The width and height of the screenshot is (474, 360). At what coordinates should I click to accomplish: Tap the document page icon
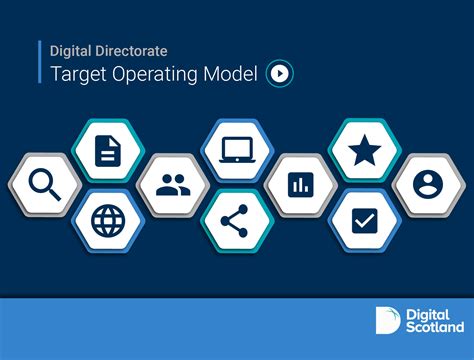pos(106,151)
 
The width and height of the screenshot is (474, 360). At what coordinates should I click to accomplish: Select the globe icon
pos(106,219)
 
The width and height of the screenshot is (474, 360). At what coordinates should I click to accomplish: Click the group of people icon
pos(172,184)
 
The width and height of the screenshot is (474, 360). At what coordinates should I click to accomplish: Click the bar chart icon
pos(300,184)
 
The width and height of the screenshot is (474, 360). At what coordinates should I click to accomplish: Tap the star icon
pos(364,151)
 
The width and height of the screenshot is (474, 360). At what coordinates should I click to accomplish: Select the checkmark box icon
pos(364,219)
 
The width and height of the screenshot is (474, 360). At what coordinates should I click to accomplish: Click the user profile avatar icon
pos(428,184)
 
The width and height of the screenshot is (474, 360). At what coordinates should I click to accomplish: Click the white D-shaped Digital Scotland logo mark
pos(387,319)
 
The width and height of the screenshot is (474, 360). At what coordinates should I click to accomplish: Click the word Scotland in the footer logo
pos(434,327)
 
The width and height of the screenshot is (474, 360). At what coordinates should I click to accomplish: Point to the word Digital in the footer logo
pos(427,312)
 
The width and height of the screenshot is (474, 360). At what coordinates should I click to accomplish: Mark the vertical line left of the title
pos(41,62)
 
